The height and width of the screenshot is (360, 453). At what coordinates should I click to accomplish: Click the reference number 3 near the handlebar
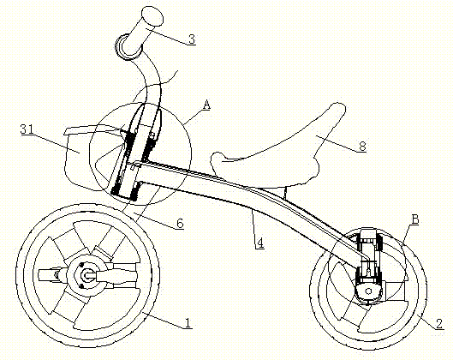[x=192, y=39]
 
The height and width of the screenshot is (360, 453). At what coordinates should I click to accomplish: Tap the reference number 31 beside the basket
[x=27, y=129]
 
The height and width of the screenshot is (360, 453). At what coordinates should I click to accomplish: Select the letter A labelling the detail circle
[x=206, y=105]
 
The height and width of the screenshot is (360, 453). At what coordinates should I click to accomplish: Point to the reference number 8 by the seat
[x=362, y=147]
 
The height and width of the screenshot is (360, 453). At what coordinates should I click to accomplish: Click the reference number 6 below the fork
[x=180, y=223]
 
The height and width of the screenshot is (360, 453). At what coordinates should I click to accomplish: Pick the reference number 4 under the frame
[x=260, y=243]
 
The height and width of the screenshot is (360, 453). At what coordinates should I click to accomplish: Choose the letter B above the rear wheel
[x=414, y=219]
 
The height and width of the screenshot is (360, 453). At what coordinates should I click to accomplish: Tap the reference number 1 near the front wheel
[x=188, y=322]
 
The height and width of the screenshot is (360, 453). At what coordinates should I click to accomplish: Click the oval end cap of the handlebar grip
[x=152, y=16]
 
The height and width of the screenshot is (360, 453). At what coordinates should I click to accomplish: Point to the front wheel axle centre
[x=87, y=275]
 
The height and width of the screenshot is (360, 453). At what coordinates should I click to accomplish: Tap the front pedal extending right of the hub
[x=116, y=276]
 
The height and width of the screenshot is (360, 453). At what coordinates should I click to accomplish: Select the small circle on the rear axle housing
[x=368, y=291]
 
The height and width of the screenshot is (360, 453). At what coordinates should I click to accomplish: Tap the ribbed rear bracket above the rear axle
[x=369, y=256]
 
